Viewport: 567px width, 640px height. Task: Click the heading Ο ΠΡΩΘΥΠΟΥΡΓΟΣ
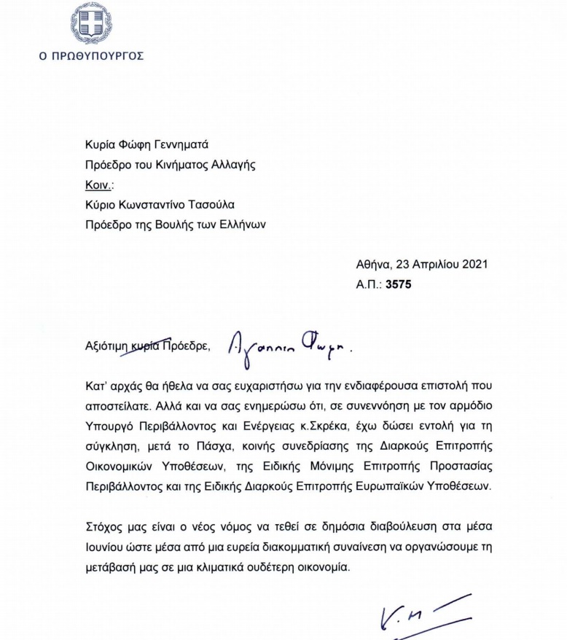pyautogui.click(x=91, y=55)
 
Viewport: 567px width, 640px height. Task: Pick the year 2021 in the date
pyautogui.click(x=471, y=264)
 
